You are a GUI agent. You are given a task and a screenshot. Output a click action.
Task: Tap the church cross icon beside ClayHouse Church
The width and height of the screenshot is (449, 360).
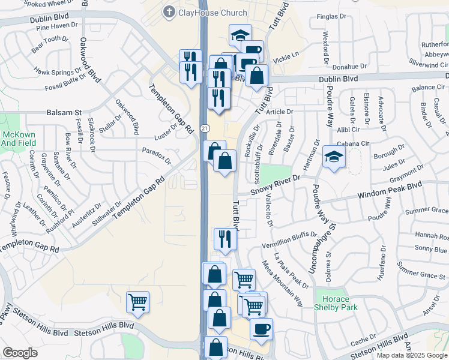tap(170, 12)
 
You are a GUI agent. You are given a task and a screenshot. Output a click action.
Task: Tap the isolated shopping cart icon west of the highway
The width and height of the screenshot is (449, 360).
tap(137, 302)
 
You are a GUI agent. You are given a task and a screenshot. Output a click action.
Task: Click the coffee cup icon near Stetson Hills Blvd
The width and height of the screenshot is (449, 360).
tap(261, 329)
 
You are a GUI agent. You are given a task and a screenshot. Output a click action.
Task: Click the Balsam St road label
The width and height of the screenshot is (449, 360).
tap(64, 112)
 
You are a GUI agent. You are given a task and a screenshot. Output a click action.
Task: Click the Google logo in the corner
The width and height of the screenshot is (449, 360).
tap(20, 353)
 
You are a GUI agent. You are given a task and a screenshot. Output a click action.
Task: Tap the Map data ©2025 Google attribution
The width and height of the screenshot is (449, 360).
tap(412, 355)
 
